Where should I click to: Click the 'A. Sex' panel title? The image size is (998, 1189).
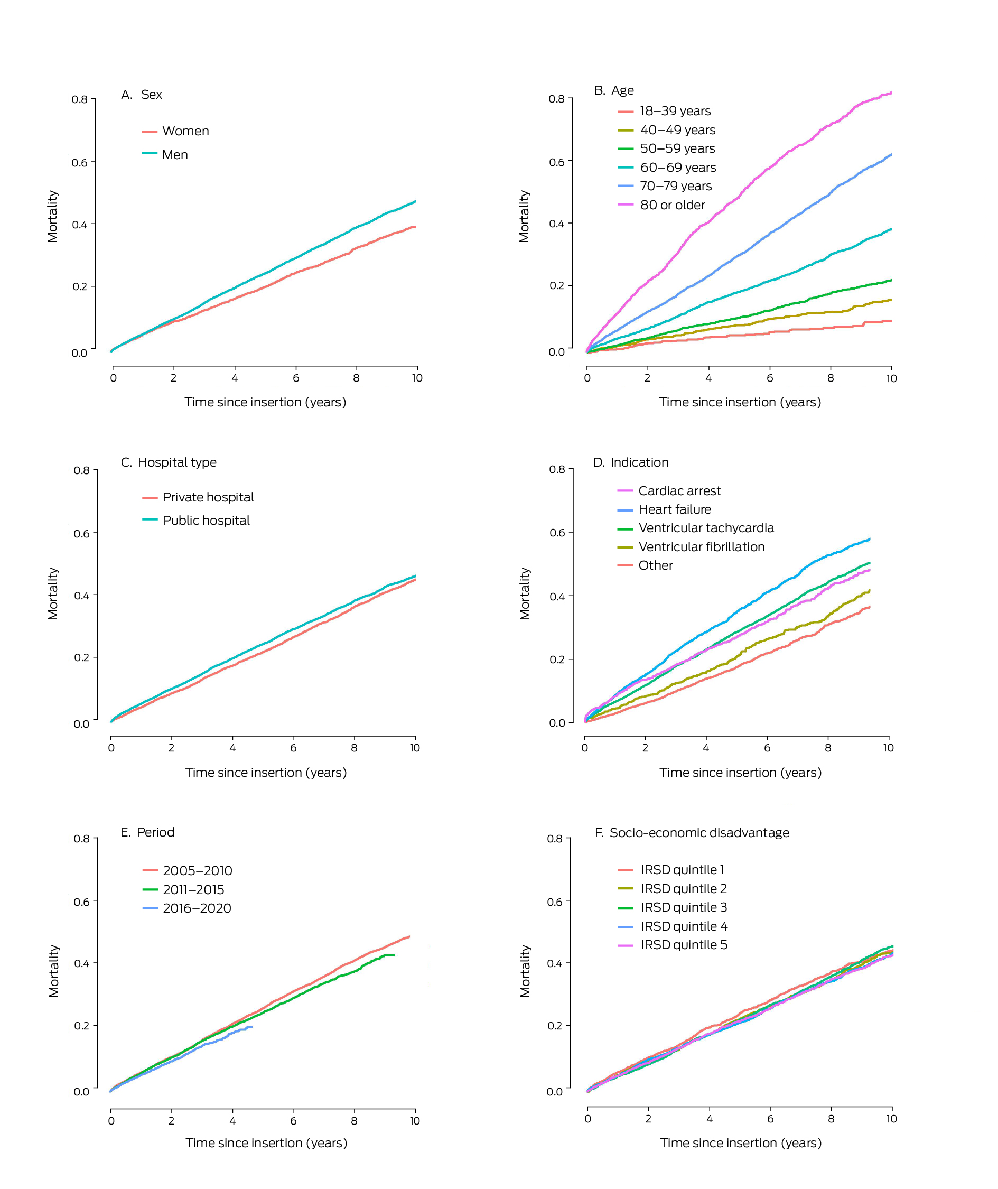coord(142,95)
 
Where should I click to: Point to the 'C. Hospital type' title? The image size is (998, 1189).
coord(168,462)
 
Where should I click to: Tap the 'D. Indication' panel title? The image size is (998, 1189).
coord(631,462)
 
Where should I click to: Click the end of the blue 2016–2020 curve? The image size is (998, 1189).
coord(251,1026)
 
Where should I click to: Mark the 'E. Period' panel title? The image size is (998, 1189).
coord(147,832)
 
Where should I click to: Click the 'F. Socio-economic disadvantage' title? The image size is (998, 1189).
coord(691,833)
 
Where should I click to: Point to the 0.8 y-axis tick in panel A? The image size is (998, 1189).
coord(80,100)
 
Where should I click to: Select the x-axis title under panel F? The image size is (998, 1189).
coord(740,1142)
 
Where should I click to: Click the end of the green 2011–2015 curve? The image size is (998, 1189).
coord(394,956)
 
